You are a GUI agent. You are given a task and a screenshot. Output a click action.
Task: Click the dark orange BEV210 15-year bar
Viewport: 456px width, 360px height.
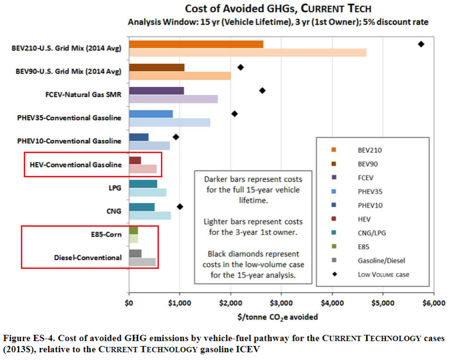196,45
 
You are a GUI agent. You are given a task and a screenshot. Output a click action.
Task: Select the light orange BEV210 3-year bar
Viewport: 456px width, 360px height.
248,53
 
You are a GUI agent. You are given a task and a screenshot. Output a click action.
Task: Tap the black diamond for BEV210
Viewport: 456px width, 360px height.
421,44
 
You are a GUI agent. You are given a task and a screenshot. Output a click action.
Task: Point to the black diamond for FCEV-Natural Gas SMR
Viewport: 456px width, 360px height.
263,91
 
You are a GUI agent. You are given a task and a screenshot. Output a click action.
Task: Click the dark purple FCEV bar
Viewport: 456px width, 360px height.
157,91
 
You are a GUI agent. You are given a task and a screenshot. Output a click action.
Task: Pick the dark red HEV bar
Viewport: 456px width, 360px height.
135,160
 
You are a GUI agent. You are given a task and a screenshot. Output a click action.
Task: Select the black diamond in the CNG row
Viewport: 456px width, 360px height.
180,207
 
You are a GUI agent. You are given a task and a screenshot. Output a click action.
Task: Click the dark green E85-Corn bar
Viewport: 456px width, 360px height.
133,231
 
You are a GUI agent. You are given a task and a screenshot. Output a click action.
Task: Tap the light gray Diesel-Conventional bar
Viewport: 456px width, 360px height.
142,262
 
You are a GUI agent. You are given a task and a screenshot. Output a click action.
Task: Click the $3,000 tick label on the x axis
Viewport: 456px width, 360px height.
281,304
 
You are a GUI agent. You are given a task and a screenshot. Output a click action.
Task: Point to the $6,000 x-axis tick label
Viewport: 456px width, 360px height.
433,304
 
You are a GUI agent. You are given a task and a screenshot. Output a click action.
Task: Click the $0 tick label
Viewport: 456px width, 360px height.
129,304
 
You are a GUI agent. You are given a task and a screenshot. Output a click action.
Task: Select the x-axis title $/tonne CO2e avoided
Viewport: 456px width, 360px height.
281,317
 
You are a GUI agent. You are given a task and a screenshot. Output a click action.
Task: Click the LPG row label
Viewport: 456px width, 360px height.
114,188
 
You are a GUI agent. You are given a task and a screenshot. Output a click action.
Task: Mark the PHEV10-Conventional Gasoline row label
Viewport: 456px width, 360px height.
69,141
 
